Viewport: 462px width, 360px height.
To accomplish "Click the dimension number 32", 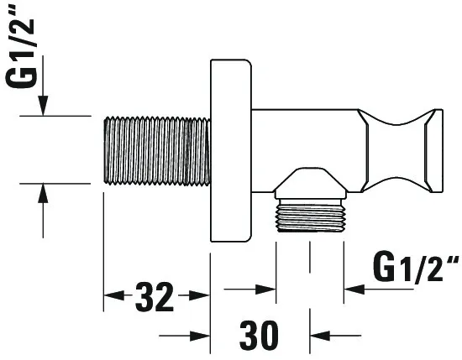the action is pos(155,297).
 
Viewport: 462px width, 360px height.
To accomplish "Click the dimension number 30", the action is pos(259,336).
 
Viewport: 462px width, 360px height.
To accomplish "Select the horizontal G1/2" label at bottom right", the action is pos(416,268).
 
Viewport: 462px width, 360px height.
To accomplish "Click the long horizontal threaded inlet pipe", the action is pos(157,151).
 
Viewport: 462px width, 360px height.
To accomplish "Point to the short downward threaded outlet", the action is pos(310,216).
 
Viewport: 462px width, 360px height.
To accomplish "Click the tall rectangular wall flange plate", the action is pos(231,150).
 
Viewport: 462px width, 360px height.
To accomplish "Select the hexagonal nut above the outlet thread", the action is pos(310,184).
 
